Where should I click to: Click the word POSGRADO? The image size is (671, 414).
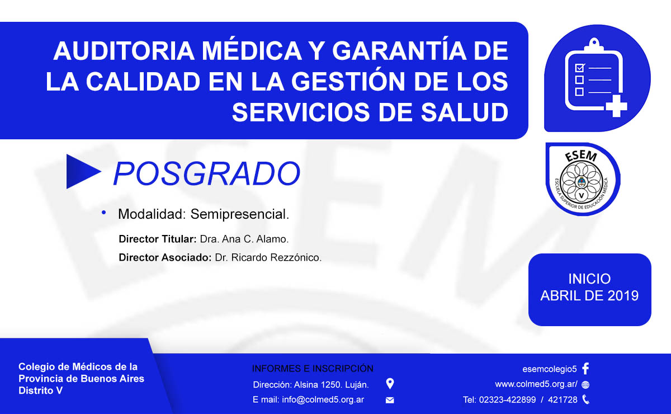click(206, 173)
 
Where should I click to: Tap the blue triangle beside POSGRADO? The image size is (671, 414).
click(82, 172)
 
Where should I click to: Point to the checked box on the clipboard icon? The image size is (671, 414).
click(580, 68)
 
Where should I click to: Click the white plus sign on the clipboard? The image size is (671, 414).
click(616, 106)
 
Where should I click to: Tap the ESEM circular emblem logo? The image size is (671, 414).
click(583, 179)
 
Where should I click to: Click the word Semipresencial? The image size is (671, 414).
click(240, 214)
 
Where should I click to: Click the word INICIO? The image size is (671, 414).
click(589, 279)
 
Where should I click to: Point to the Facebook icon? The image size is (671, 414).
click(585, 369)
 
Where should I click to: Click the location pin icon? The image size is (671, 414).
click(390, 384)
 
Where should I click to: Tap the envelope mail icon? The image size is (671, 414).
click(390, 400)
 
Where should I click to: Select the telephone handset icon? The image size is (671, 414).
click(585, 399)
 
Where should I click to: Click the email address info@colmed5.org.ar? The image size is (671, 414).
click(323, 399)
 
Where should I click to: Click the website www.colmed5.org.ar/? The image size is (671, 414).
click(536, 384)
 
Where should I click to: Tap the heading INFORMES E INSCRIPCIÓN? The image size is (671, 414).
click(313, 369)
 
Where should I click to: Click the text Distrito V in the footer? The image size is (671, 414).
click(40, 391)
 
